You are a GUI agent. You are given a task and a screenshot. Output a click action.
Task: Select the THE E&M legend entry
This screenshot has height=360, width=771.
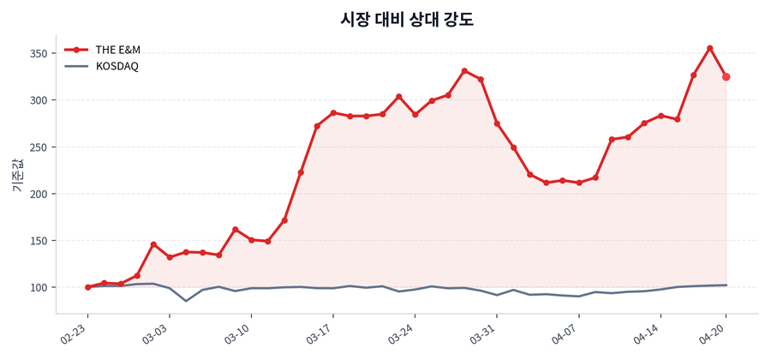pos(117,50)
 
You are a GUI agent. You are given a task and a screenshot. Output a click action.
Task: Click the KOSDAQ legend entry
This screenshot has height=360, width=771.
pos(117,66)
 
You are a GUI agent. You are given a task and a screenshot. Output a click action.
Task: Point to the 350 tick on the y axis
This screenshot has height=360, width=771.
pos(38,53)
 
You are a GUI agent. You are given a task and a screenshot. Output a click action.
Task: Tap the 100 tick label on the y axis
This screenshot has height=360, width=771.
pos(38,287)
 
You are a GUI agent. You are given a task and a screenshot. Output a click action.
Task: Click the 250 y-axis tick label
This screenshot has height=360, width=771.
pos(38,147)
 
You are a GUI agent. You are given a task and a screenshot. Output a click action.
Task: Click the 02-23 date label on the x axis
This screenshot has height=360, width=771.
pos(75,332)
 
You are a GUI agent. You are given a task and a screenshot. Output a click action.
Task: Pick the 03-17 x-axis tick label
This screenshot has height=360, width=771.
pos(320,332)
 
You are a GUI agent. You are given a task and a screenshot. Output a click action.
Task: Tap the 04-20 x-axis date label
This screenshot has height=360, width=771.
pos(714,332)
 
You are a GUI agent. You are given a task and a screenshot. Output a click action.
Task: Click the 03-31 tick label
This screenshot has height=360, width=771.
pos(483,332)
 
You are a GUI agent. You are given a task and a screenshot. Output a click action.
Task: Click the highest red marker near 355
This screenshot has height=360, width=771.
pos(710,48)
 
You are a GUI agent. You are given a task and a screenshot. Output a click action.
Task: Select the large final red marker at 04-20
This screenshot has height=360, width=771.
pos(726,77)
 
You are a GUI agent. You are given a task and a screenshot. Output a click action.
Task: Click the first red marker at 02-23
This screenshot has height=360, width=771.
pos(87,287)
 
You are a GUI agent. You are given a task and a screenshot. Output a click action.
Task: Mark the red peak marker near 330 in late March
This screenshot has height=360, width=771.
pos(464,71)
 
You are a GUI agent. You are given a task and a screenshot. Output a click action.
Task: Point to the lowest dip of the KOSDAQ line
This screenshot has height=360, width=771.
pos(186,301)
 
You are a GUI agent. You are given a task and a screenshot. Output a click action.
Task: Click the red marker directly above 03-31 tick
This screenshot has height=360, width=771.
pos(497,123)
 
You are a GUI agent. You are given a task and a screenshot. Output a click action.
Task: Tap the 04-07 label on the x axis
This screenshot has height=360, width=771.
pos(565,332)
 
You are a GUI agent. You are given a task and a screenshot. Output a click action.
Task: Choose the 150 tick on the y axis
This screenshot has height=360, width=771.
pos(38,240)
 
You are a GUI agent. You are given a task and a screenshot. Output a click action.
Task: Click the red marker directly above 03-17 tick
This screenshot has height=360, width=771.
pos(333,112)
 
